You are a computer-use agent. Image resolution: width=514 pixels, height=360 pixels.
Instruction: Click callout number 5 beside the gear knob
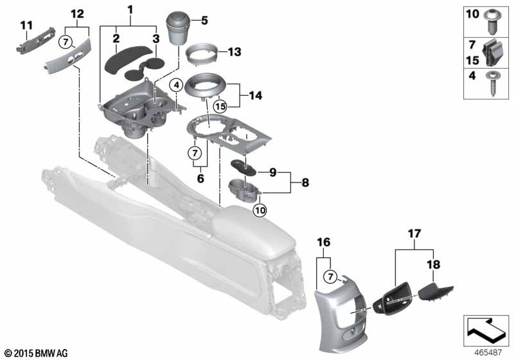point(204,21)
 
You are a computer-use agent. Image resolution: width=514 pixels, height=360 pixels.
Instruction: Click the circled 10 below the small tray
point(259,208)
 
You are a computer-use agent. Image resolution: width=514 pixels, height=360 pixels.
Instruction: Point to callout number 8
point(305,182)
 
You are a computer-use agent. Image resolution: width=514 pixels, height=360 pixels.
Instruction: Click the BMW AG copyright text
point(35,352)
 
